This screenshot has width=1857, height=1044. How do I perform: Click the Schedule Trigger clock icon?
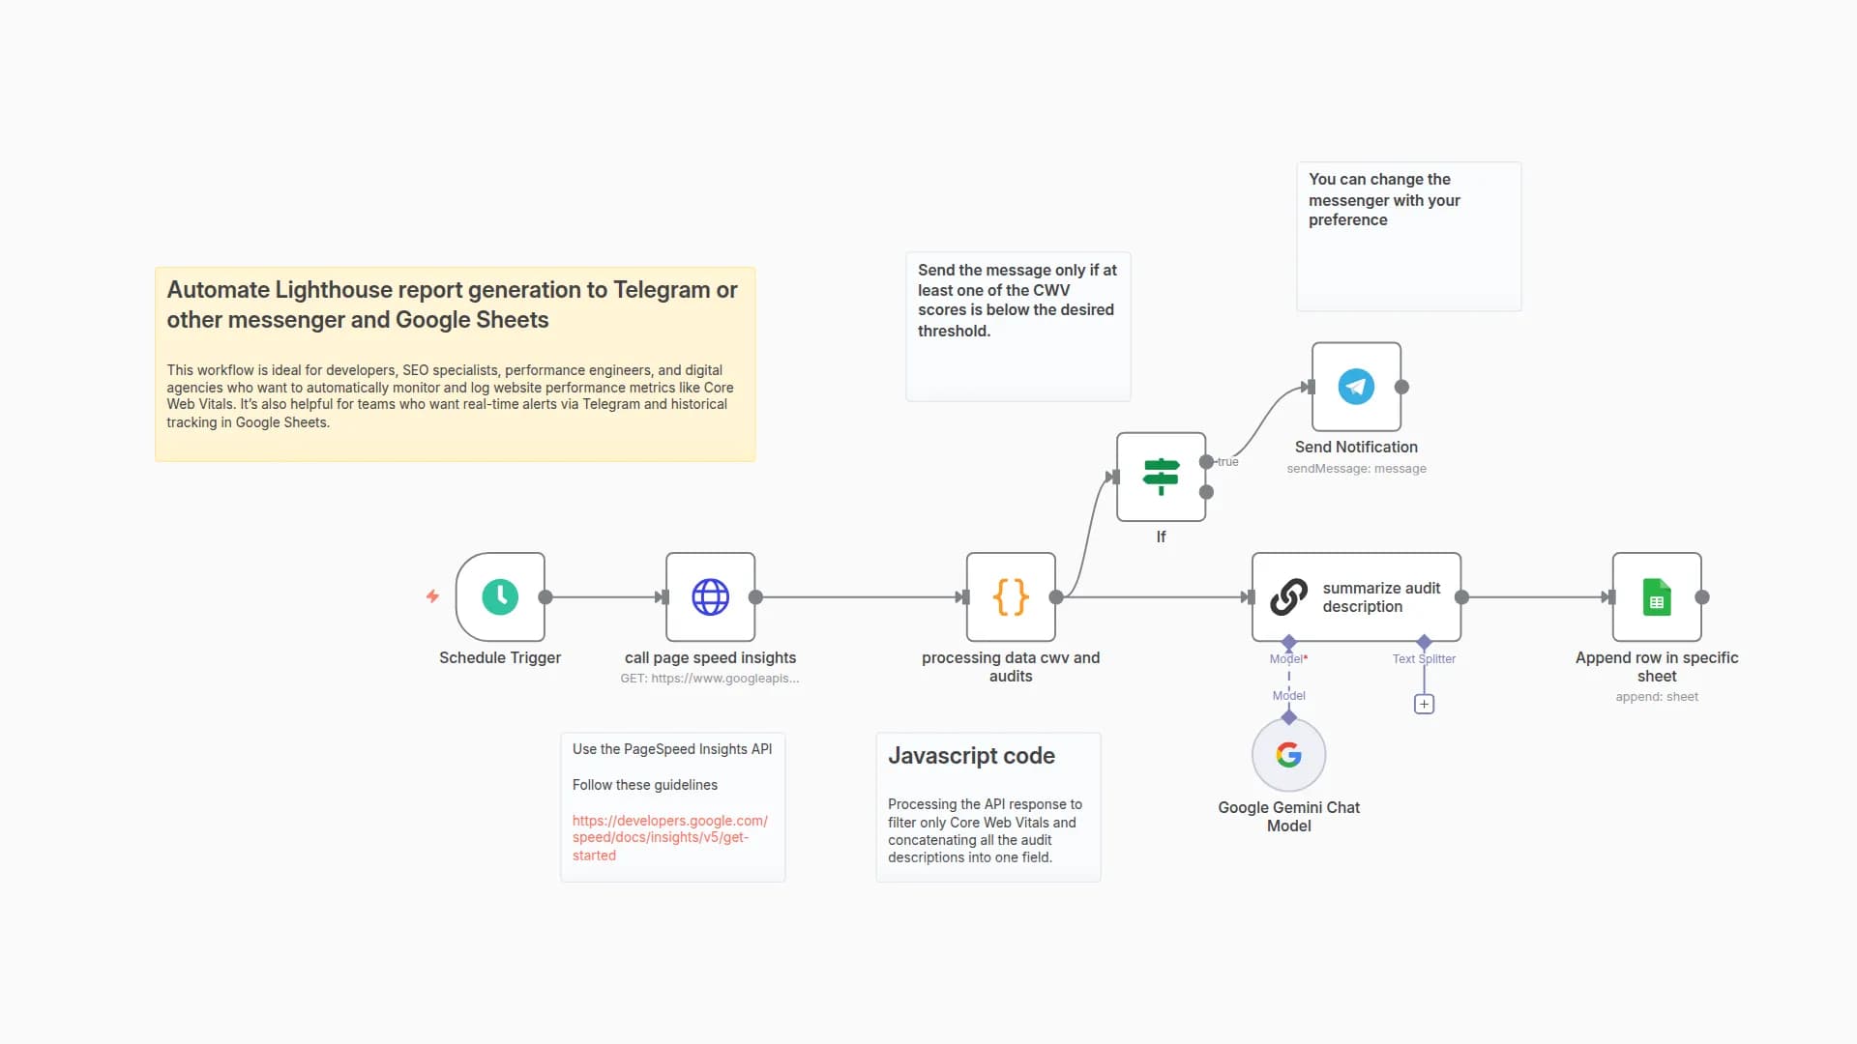tap(500, 596)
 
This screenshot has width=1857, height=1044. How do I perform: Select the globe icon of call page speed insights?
tap(710, 596)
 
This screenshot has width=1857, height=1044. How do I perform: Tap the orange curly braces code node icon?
tap(1011, 596)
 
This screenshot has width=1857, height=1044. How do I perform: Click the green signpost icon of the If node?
tap(1161, 476)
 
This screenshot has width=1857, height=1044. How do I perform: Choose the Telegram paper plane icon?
tap(1356, 387)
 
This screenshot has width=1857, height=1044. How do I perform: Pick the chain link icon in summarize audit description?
tap(1288, 596)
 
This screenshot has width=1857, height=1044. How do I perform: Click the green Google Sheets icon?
tap(1657, 596)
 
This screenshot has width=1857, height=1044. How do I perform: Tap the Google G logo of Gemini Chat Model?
tap(1288, 755)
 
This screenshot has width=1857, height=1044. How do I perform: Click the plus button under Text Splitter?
tap(1424, 704)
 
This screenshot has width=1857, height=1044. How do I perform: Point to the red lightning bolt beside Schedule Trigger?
tap(432, 596)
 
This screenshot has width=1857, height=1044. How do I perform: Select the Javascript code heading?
tap(971, 756)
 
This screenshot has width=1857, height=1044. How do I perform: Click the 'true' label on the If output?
tap(1227, 462)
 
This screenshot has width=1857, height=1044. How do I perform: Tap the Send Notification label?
tap(1356, 447)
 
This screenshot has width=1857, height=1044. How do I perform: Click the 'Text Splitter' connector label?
tap(1424, 659)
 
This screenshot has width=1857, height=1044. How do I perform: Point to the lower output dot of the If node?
tap(1206, 492)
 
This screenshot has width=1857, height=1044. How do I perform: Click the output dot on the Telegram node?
tap(1401, 387)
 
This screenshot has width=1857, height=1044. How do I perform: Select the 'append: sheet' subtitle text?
tap(1657, 697)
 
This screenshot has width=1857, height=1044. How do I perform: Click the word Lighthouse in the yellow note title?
tap(333, 290)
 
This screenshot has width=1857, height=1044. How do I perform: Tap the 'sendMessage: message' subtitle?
tap(1356, 469)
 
